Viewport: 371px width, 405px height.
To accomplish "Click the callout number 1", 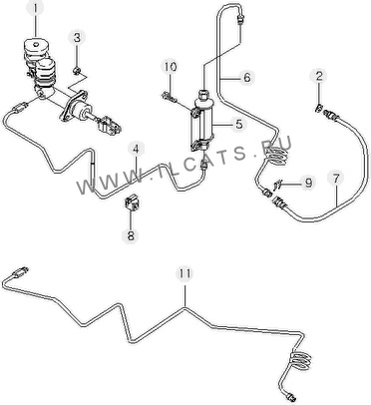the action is point(36,8).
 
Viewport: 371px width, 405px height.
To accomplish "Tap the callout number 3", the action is point(77,38).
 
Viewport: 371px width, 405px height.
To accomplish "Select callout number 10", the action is point(170,67).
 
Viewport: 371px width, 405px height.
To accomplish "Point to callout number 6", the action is point(246,77).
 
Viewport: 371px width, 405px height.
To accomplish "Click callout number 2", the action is point(318,76).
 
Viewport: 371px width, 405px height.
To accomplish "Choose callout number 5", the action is point(238,125).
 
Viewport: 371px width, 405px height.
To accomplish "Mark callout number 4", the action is point(136,150).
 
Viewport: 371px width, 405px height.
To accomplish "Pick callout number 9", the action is point(308,183).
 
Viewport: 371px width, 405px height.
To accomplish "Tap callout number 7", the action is point(336,179).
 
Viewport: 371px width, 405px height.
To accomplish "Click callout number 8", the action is point(131,235).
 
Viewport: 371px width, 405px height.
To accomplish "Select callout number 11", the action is point(185,273).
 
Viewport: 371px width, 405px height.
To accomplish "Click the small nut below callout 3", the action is point(77,71).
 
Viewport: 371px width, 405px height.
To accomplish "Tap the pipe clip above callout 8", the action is point(132,202).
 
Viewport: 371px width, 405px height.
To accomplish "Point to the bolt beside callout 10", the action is point(169,98).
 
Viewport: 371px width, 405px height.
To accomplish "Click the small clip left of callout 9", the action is point(278,184).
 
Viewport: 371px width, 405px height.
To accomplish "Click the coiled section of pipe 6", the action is point(276,156).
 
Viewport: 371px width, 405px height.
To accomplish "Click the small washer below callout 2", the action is point(318,108).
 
